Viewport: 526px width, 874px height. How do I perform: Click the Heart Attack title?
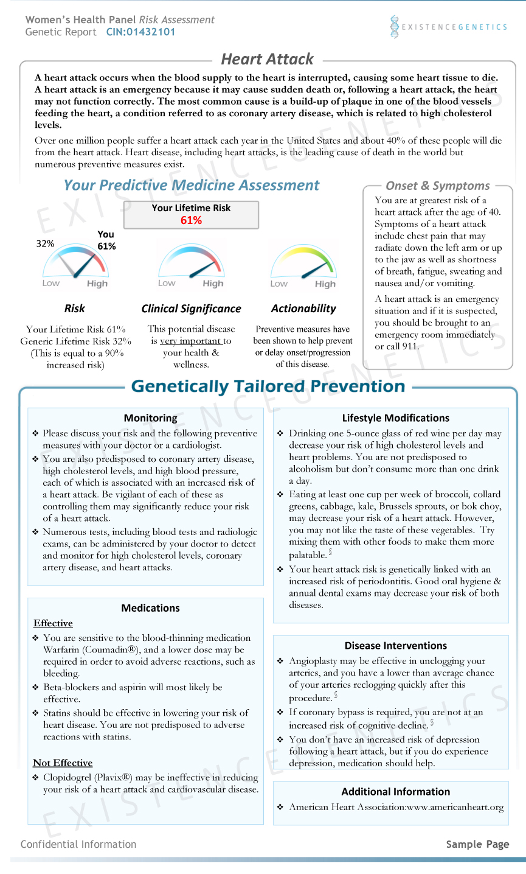(267, 59)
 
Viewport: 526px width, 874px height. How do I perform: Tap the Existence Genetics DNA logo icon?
(395, 27)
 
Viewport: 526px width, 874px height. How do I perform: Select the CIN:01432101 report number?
(140, 32)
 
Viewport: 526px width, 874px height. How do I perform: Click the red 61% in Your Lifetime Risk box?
(191, 220)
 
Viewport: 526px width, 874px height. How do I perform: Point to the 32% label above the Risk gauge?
(45, 244)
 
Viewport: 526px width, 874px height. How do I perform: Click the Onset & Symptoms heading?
(438, 186)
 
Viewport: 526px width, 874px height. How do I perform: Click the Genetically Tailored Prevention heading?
(268, 386)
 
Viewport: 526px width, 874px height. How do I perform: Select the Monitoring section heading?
(151, 418)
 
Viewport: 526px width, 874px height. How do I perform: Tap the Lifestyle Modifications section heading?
(395, 418)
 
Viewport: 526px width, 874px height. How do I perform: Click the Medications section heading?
(151, 608)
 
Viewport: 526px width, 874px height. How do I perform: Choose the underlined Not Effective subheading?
(63, 763)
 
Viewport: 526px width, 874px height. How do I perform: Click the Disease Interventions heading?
(395, 646)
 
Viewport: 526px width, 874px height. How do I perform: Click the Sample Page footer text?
(477, 844)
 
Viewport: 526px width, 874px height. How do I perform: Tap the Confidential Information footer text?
(78, 844)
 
